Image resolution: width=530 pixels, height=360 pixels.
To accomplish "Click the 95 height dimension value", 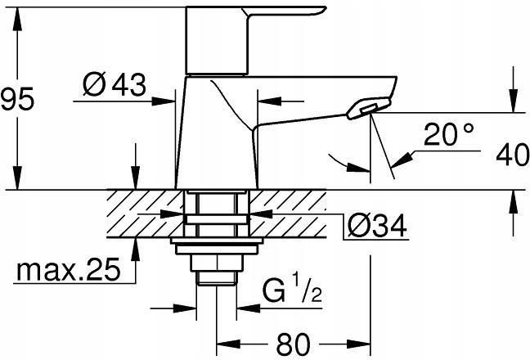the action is pos(17,99).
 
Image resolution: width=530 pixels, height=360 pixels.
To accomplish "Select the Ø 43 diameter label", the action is pos(115,84).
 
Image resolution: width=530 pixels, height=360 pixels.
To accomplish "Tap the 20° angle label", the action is pos(449,134).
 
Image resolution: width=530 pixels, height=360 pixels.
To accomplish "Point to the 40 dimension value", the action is pos(513,154).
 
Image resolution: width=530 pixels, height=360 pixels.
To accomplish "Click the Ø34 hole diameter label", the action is pos(377,226).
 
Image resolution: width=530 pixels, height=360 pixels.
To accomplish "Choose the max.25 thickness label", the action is pos(68,270).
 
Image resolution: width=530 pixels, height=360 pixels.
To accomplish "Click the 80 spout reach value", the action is pos(293,344).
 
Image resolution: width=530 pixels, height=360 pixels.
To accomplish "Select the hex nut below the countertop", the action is pos(217,263).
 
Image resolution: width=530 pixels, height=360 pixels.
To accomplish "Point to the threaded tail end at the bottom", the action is pos(217,278).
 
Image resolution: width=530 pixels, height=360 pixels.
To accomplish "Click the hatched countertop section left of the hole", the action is pos(146,214).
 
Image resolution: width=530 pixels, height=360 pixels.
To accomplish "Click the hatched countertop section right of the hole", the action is pos(288,214).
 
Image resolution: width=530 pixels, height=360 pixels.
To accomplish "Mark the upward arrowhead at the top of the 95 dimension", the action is pos(17,20).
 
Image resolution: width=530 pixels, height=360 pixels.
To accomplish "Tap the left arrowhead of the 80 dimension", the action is pos(228,344).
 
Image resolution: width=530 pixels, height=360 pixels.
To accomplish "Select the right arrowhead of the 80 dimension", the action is pos(358,344).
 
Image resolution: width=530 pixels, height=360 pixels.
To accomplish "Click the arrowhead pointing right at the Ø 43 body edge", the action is pos(164,101).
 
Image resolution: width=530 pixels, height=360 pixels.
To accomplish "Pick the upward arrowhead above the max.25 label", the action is pos(136,249).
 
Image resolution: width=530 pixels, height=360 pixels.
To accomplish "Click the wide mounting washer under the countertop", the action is pos(217,241).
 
